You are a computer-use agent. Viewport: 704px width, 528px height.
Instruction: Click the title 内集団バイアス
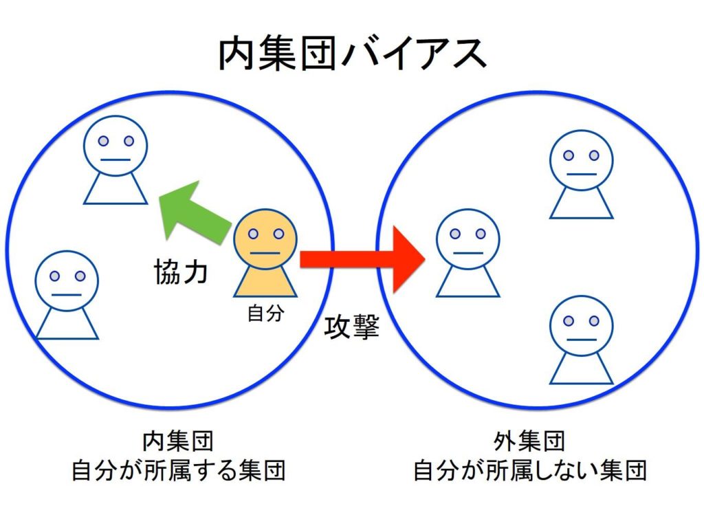(352, 54)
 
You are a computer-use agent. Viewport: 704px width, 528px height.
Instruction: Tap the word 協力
(180, 272)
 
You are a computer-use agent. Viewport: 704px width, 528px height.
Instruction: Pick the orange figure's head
(265, 239)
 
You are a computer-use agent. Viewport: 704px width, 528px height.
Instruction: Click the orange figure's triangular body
(265, 283)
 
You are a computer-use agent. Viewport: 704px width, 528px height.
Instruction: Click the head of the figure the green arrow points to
(115, 146)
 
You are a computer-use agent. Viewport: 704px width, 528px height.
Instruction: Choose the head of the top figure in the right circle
(581, 160)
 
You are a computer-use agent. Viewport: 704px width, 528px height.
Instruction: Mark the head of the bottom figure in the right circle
(581, 326)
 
